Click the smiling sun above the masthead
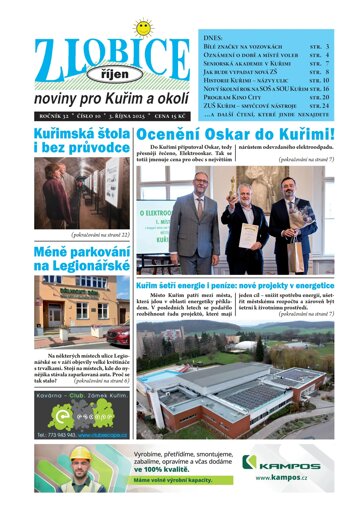(142, 27)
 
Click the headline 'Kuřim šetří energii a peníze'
(234, 285)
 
